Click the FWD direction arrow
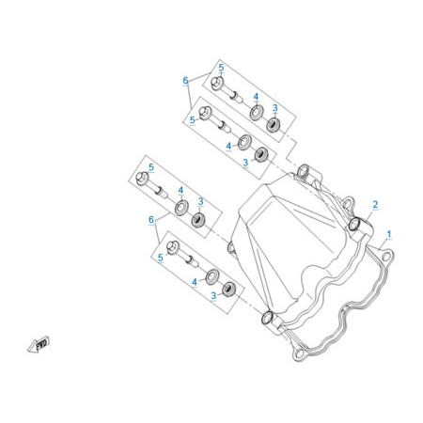(x=39, y=344)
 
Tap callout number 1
(x=389, y=234)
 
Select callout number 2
(x=375, y=204)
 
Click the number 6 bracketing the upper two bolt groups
(x=185, y=80)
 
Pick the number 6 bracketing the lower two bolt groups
(x=151, y=219)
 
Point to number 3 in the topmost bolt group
(x=275, y=108)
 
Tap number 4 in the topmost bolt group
(x=256, y=97)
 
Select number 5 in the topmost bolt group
(x=221, y=68)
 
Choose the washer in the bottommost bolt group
(x=212, y=276)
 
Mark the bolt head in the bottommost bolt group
(x=173, y=247)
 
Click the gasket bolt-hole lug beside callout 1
(x=386, y=257)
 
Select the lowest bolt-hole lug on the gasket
(x=300, y=353)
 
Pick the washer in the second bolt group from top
(x=244, y=142)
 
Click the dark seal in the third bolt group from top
(x=198, y=220)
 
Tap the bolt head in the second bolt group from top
(x=205, y=113)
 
